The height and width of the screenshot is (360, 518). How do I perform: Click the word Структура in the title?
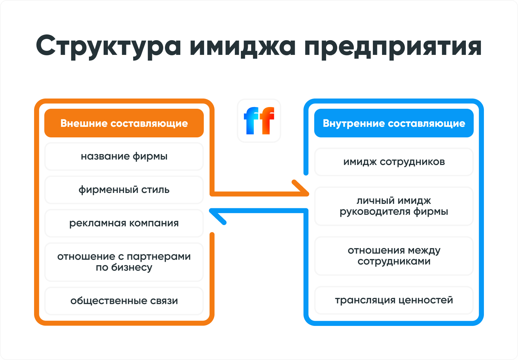pos(108,46)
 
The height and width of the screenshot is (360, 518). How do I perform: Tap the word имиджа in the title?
pos(242,46)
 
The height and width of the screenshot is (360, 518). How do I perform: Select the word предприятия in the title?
pos(393,46)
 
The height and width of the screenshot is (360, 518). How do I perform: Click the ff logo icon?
pos(259,121)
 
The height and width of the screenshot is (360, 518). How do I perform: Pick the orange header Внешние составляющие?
pos(124,123)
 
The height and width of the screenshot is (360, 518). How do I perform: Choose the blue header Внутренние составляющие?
pos(394,123)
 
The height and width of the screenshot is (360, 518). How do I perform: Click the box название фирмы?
pos(124,156)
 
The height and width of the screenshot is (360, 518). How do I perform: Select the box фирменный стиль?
pos(124,190)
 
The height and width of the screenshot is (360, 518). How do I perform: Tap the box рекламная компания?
pos(124,223)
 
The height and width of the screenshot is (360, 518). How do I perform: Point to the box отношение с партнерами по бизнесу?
pos(124,262)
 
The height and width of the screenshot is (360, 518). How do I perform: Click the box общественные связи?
pos(124,301)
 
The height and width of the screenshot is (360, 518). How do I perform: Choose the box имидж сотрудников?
pos(394,162)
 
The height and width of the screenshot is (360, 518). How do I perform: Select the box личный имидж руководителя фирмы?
pos(394,206)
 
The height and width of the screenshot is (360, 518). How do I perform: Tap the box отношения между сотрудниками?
pos(394,256)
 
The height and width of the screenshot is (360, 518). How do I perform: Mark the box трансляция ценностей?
pos(394,300)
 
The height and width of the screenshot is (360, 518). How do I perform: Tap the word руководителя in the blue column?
pos(375,212)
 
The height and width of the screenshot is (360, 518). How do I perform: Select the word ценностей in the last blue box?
pos(426,300)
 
